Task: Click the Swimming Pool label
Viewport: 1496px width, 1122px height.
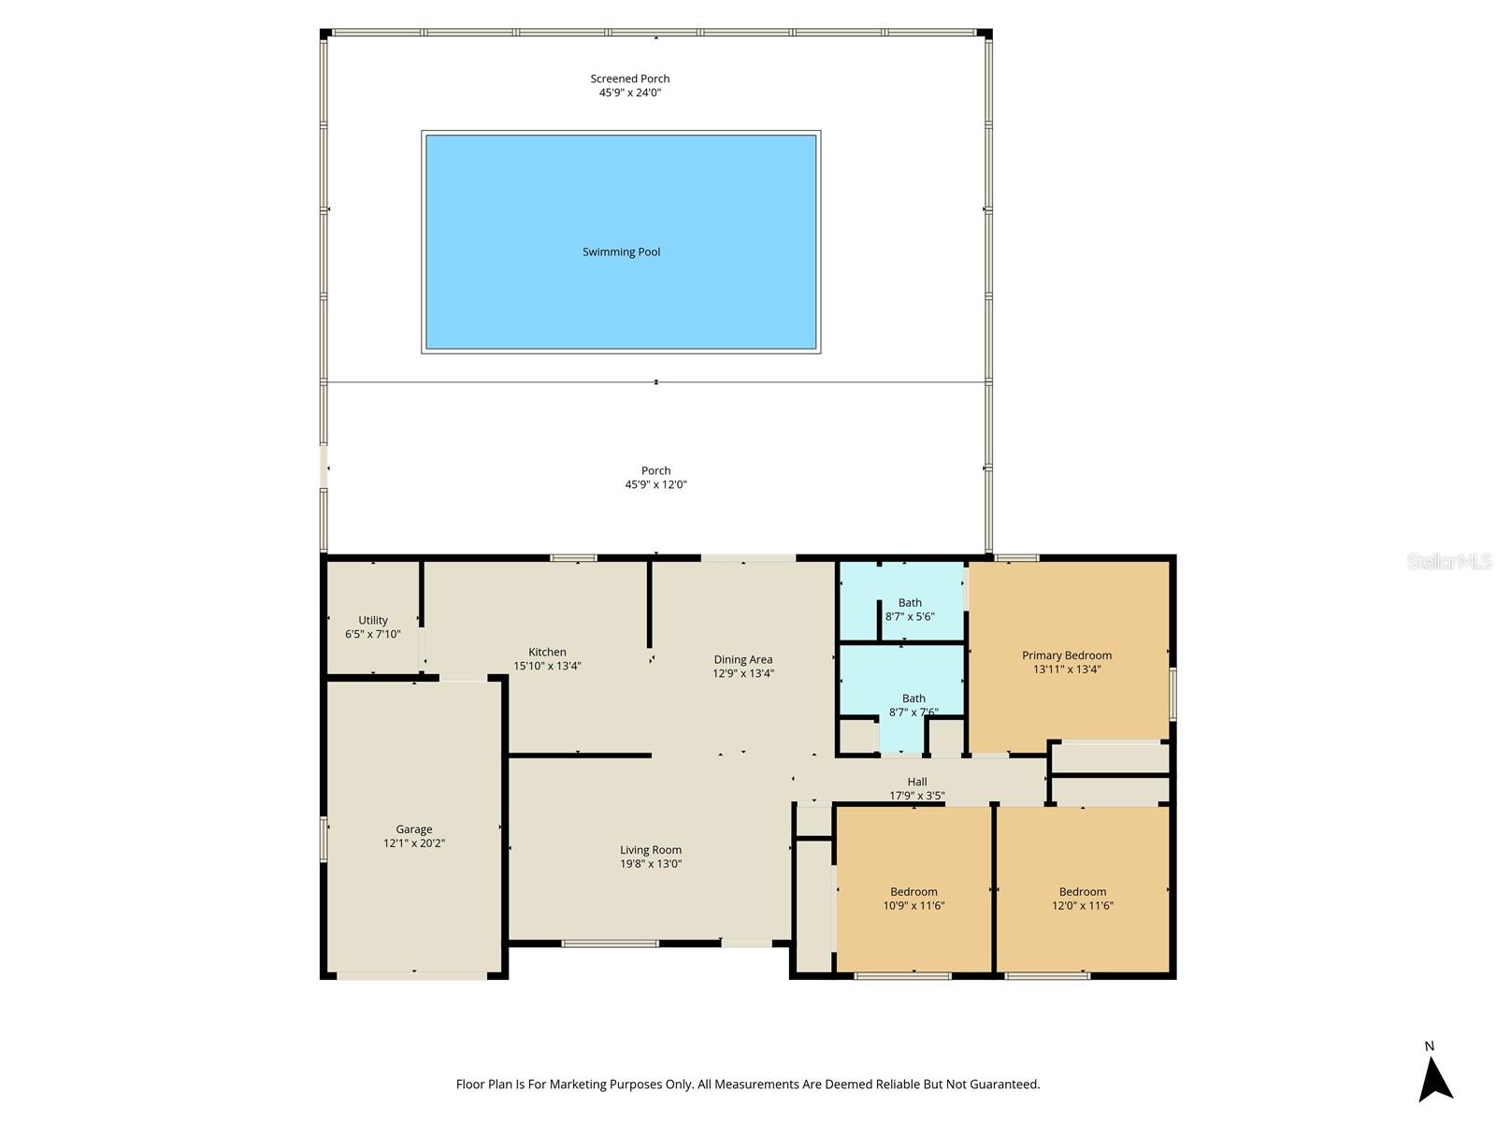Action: click(621, 252)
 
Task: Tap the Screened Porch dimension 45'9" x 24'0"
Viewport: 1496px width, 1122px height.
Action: click(629, 93)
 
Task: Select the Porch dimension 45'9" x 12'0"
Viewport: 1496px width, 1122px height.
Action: click(655, 484)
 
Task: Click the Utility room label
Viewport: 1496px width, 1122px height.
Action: click(373, 620)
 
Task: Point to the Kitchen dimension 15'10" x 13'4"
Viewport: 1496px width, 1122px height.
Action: click(547, 666)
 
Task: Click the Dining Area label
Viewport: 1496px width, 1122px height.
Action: click(743, 659)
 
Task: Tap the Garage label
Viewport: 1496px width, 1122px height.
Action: click(413, 828)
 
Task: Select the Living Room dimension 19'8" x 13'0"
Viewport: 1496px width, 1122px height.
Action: click(651, 864)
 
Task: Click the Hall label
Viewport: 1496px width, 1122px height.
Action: click(916, 782)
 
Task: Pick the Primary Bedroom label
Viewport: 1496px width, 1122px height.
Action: click(1067, 655)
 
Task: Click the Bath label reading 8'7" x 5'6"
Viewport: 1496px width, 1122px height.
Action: click(910, 610)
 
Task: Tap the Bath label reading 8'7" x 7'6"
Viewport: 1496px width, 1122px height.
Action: click(913, 705)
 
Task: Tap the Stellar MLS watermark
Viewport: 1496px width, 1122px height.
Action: click(1449, 561)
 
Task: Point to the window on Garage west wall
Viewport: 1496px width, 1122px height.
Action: click(324, 839)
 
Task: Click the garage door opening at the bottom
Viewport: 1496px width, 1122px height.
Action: click(411, 976)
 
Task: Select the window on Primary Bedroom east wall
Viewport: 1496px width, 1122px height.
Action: click(1172, 693)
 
